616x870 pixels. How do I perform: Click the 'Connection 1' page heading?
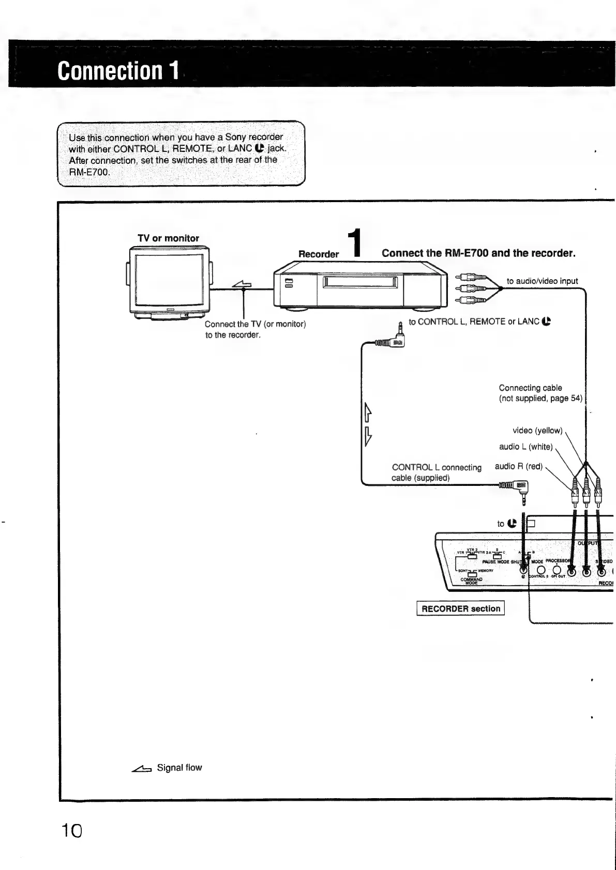coord(118,70)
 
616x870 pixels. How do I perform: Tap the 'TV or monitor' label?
coord(168,238)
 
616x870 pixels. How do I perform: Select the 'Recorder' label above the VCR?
coord(319,254)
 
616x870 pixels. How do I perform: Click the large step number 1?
coord(354,243)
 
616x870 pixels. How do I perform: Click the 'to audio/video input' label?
coord(542,281)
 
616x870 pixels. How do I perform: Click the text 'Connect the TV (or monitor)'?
coord(256,324)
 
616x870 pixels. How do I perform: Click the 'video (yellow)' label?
coord(537,431)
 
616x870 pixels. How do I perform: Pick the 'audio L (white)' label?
coord(525,447)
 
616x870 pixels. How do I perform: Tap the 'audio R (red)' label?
coord(518,466)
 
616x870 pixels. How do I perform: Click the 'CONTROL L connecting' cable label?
coord(437,467)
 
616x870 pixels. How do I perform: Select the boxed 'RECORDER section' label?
coord(460,608)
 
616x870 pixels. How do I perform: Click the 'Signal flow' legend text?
coord(179,768)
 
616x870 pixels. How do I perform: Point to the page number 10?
coord(71,831)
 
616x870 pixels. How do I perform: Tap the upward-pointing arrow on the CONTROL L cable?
coord(368,412)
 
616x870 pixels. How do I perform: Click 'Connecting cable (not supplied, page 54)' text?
coord(540,393)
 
